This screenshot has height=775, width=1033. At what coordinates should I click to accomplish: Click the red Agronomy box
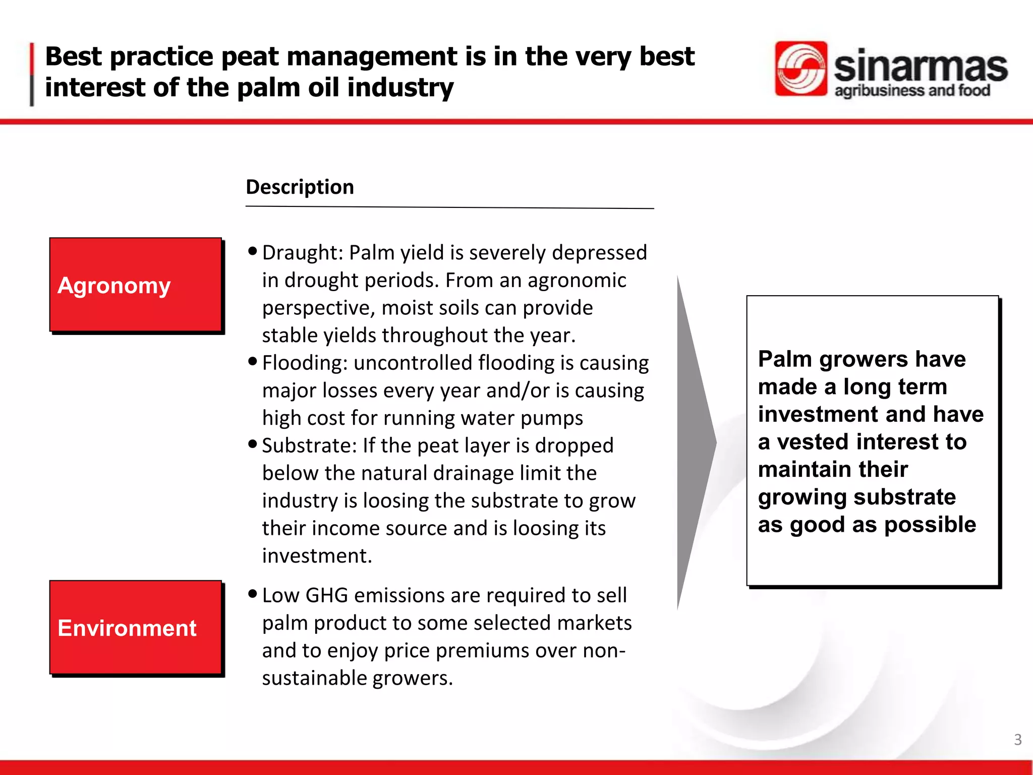tap(135, 285)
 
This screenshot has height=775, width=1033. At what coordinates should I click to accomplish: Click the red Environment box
tap(135, 627)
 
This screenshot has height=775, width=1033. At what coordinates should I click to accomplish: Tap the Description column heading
tap(300, 187)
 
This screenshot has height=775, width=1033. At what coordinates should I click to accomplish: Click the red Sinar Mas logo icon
tap(800, 69)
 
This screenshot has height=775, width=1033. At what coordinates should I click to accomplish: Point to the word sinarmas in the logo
tap(920, 67)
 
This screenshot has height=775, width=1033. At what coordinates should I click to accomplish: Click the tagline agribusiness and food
tap(912, 91)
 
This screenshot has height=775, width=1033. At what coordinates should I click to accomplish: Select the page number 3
tap(1017, 740)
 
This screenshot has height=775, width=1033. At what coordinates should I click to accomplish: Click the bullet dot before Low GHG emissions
tap(253, 594)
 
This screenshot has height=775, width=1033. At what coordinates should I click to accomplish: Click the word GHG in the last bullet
tap(327, 596)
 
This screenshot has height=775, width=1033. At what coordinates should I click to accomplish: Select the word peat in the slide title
tap(250, 57)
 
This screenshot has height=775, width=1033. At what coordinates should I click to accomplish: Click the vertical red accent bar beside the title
tap(32, 74)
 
